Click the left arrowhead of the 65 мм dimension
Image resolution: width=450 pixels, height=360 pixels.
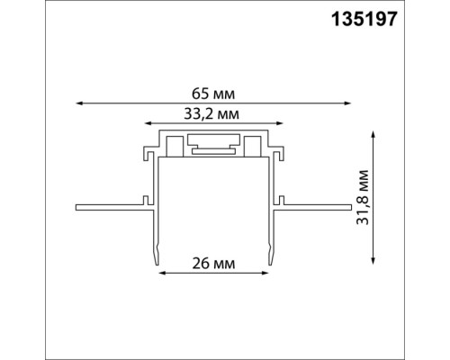(x=78, y=103)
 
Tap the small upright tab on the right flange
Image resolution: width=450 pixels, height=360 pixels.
(x=283, y=199)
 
